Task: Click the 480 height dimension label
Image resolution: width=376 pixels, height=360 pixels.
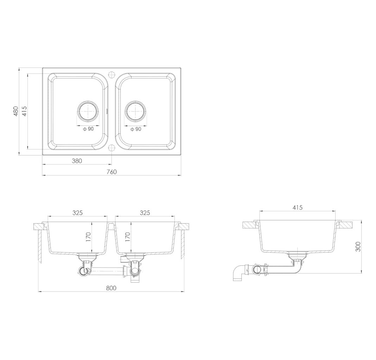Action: point(15,111)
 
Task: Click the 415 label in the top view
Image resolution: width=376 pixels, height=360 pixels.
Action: point(25,111)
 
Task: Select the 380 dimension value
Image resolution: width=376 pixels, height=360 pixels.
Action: point(77,161)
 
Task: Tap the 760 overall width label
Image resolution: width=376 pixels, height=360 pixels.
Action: point(111,172)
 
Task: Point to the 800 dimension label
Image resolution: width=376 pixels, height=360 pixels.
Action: point(111,288)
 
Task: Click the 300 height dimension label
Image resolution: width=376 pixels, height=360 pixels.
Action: point(358,246)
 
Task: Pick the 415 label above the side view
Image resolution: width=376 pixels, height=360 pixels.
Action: point(298,207)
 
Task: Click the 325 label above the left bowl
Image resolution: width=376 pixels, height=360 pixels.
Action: point(78,213)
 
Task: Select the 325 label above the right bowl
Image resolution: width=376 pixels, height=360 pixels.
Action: point(145,213)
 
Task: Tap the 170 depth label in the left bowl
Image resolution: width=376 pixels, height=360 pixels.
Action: point(88,237)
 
